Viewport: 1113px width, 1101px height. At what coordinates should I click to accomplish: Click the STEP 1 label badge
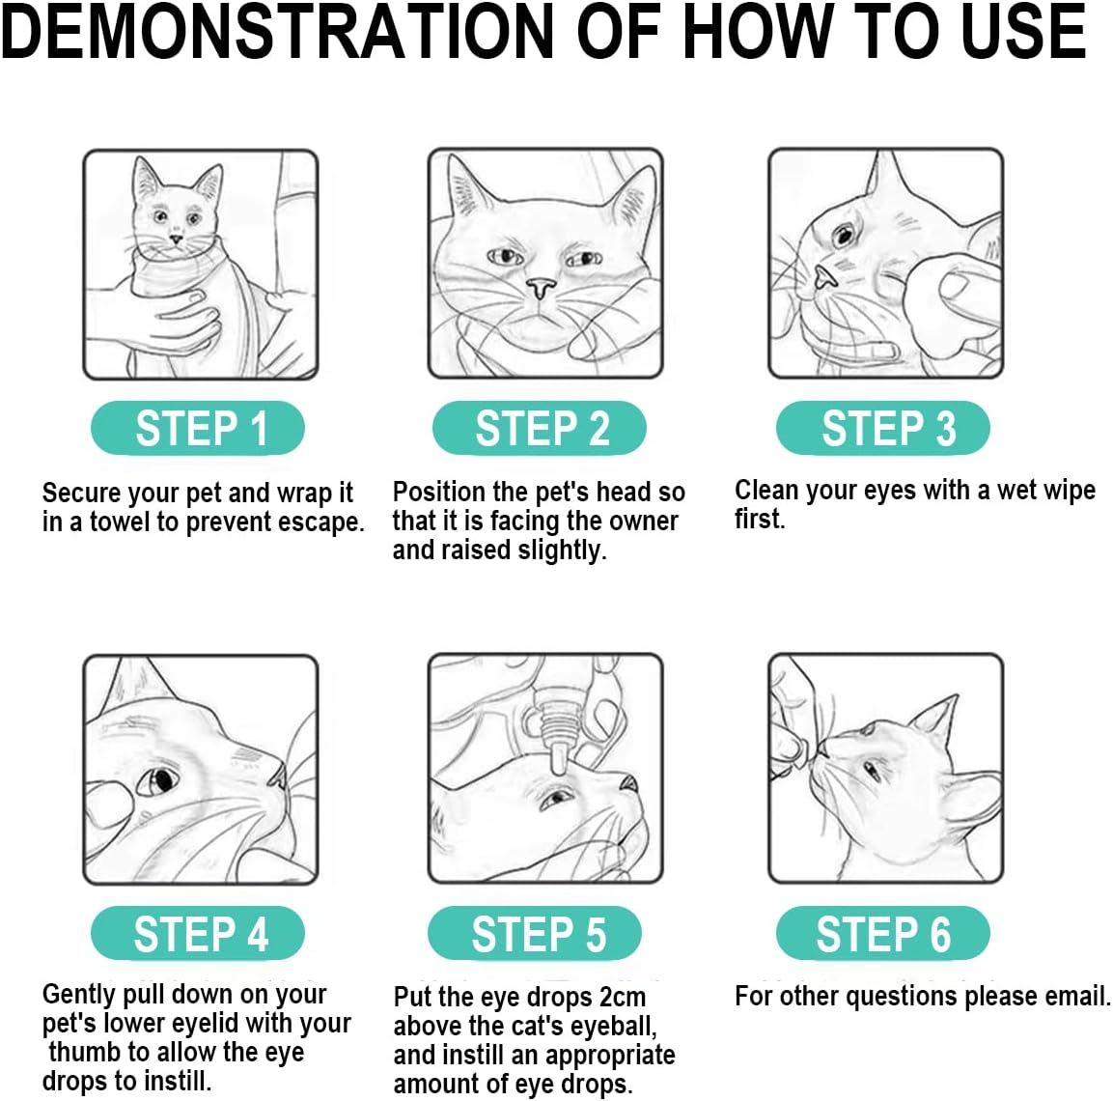click(197, 428)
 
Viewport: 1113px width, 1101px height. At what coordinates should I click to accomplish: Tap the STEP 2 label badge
click(540, 428)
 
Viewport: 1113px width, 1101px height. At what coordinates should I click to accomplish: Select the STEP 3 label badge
click(883, 428)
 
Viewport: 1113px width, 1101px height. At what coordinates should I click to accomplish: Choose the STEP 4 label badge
click(197, 933)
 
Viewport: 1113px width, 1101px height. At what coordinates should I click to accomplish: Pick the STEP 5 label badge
click(535, 933)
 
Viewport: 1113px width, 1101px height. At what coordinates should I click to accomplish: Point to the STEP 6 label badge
click(883, 933)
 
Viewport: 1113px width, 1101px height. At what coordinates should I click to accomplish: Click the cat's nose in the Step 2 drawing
click(542, 287)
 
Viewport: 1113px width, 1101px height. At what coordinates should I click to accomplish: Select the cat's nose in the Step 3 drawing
click(823, 276)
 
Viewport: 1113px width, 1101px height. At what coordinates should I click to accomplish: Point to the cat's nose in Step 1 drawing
click(176, 238)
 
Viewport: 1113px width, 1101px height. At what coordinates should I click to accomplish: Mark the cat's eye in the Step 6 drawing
click(872, 770)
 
